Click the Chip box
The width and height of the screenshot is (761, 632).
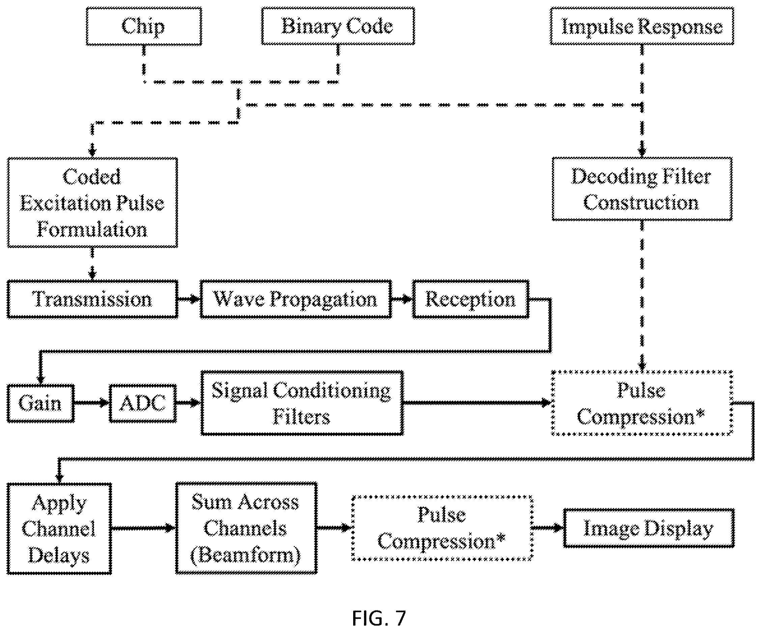[x=144, y=26]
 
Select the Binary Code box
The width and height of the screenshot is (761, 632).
[x=338, y=26]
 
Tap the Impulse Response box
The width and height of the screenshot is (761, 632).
[x=642, y=26]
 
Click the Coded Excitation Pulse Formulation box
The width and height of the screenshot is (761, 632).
[x=92, y=203]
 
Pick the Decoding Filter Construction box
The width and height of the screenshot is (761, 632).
[x=642, y=189]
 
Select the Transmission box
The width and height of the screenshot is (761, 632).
[x=92, y=299]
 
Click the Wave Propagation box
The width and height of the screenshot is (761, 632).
[x=296, y=299]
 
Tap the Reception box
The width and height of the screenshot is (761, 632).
[x=470, y=299]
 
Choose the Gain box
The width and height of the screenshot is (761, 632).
[x=40, y=403]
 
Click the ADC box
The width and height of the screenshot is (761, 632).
[x=143, y=403]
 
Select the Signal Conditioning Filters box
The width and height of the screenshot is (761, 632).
[x=302, y=403]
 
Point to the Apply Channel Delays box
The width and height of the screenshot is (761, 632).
[x=59, y=529]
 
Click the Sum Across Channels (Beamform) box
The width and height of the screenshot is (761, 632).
[x=246, y=528]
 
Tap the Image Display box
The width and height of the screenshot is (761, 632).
[x=648, y=528]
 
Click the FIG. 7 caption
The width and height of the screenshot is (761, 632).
[x=379, y=618]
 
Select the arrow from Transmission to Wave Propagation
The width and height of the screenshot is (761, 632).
[x=189, y=299]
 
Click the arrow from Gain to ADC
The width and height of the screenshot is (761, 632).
[x=92, y=403]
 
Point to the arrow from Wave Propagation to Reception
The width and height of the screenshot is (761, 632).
[x=402, y=299]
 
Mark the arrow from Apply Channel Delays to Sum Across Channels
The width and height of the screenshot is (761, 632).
[x=143, y=528]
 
